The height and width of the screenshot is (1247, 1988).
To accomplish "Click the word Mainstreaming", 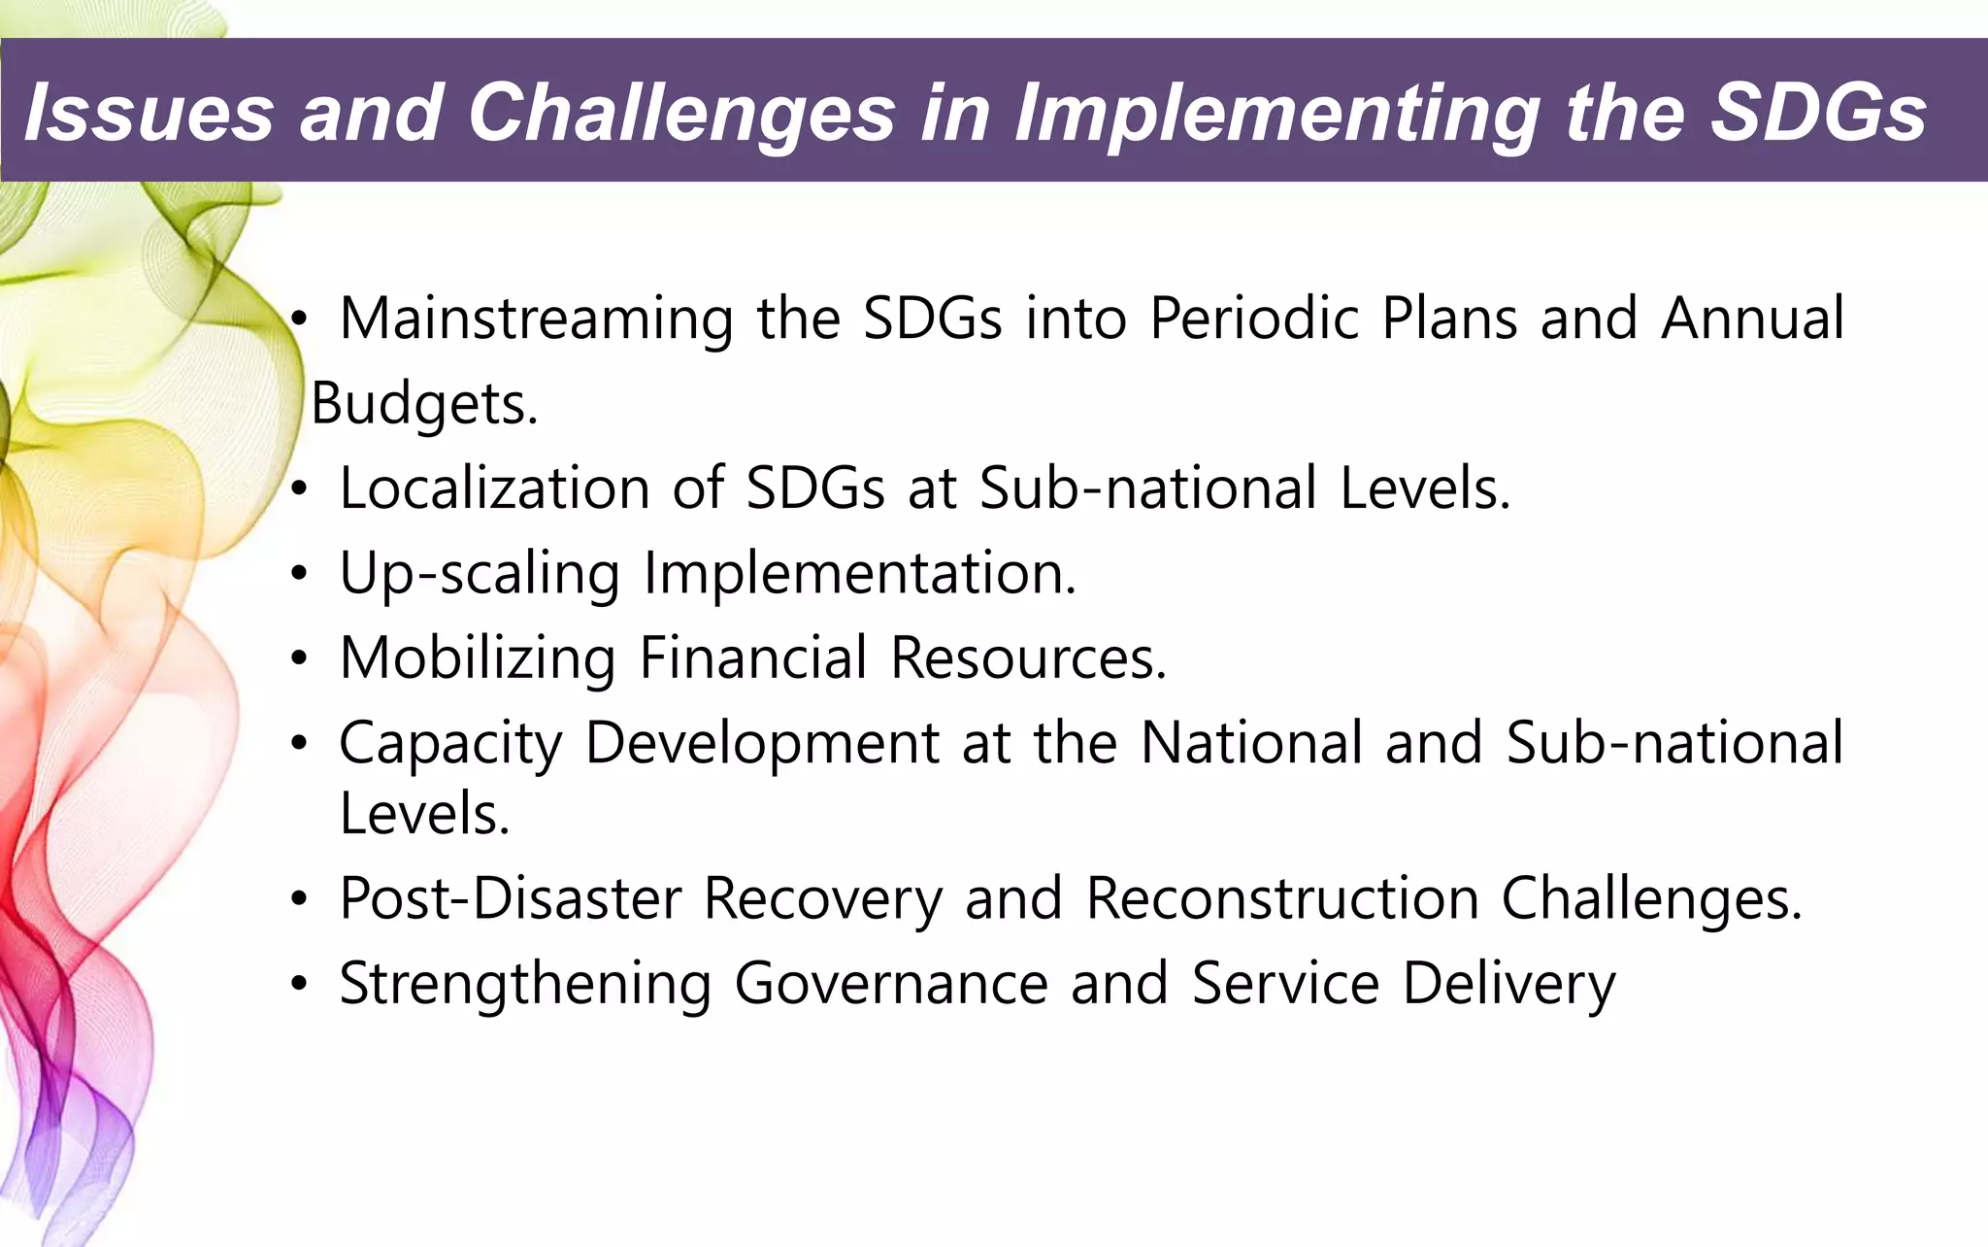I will point(536,320).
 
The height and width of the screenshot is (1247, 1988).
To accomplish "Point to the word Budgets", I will point(423,404).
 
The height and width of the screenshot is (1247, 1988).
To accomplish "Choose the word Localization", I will point(494,488).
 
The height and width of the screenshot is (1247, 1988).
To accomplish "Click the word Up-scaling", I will point(479,573).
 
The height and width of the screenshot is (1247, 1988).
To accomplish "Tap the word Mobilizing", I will point(477,658).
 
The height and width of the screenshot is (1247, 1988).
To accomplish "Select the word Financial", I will point(753,658).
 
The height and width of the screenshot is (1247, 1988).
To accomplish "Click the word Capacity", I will point(450,744).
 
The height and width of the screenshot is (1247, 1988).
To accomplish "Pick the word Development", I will point(762,744).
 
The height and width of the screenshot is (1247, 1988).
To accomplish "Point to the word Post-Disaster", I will point(510,898).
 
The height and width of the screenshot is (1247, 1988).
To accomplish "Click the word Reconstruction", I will point(1281,898).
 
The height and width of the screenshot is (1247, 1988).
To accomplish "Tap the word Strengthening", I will point(525,984).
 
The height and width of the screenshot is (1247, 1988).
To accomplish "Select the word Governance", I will point(890,984).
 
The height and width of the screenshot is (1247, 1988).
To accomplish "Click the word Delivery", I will point(1508,984).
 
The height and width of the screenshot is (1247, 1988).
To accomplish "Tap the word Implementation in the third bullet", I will point(860,573).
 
